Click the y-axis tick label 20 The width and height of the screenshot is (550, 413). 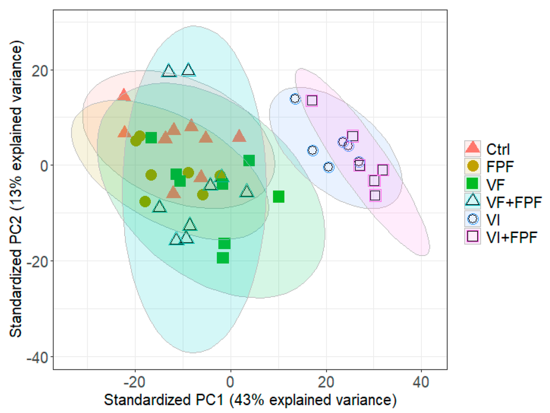coord(40,71)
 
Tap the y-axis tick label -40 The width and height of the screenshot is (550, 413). coord(37,357)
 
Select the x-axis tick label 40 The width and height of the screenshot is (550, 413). coord(421,383)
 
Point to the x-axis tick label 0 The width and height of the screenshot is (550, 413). coord(230,383)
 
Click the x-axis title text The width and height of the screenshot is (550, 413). coord(250,400)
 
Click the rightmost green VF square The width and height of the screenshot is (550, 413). coord(279,196)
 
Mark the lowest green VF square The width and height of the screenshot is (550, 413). coord(223,258)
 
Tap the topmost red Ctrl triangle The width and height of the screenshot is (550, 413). coord(124,95)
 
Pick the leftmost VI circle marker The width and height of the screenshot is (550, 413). coord(295,99)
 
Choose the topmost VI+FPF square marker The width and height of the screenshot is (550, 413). coord(312,100)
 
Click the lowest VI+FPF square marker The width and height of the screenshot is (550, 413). coord(375,195)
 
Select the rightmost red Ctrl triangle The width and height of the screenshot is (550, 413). coord(239,136)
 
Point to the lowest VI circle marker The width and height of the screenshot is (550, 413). coord(329,167)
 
